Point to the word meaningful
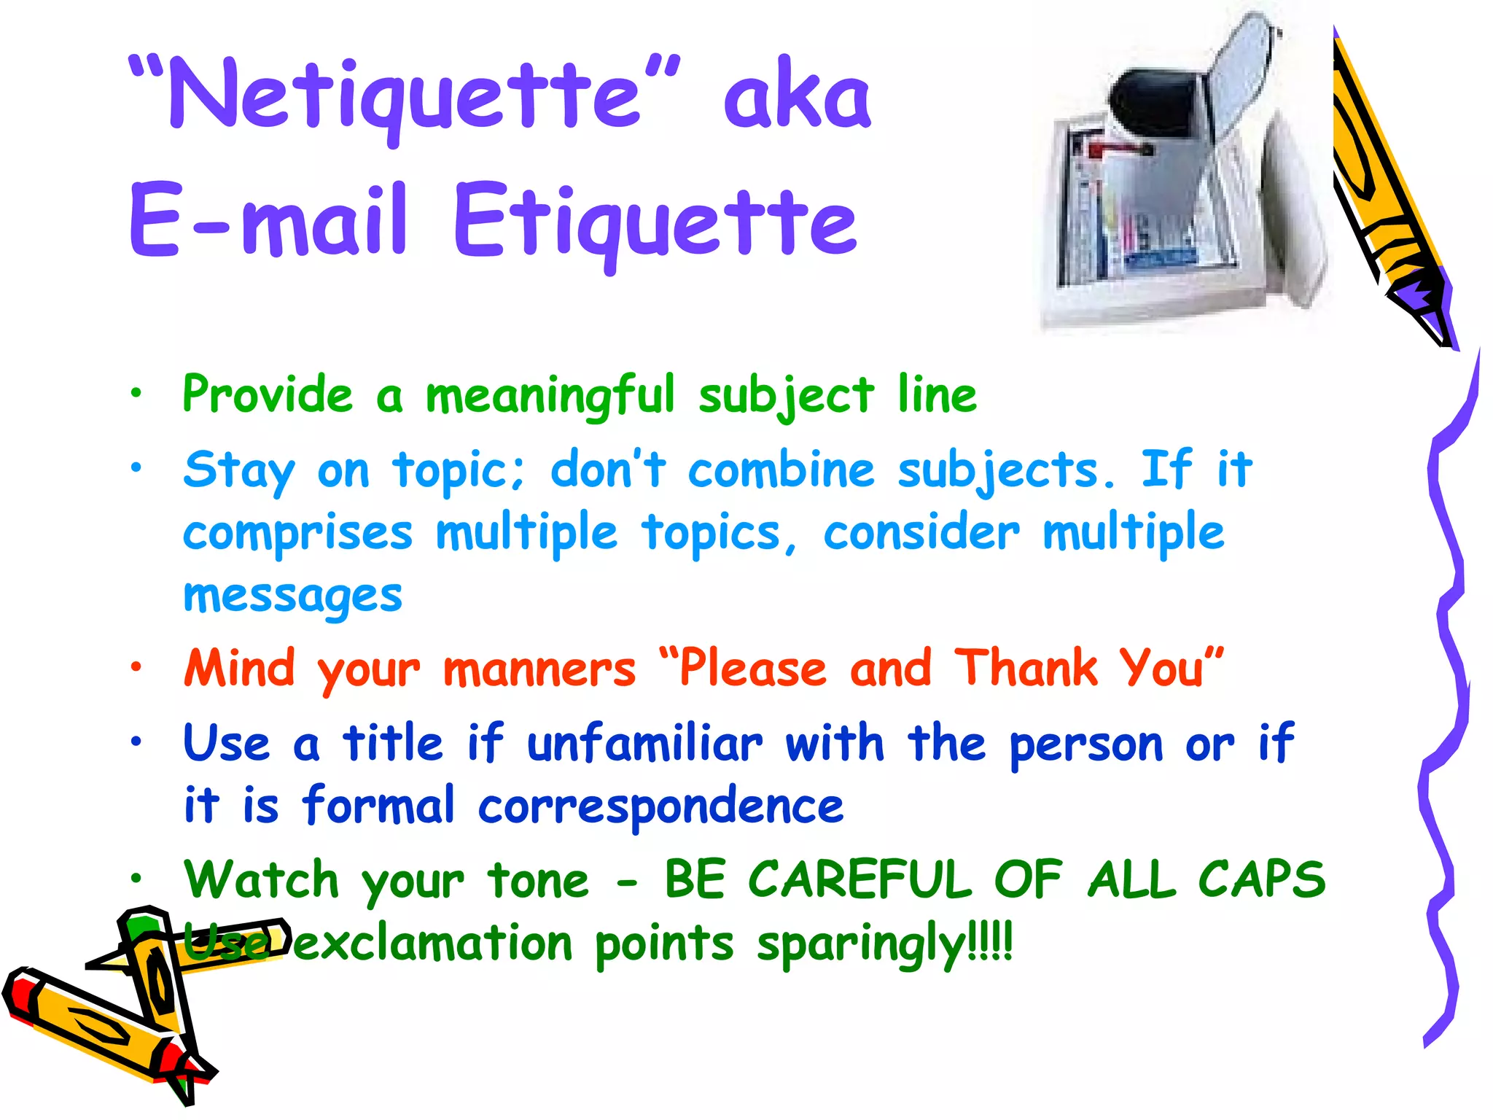(x=550, y=396)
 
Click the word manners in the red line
(x=539, y=669)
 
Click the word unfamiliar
(x=645, y=744)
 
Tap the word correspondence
(x=660, y=806)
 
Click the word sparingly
(x=861, y=944)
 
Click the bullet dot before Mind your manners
(x=136, y=666)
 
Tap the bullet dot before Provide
(x=136, y=394)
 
